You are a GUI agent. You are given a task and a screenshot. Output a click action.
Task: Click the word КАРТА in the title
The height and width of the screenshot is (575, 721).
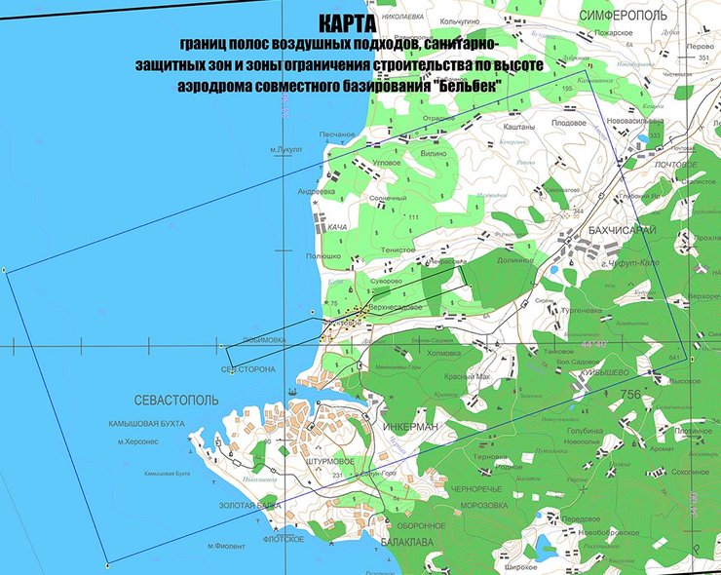coord(344,23)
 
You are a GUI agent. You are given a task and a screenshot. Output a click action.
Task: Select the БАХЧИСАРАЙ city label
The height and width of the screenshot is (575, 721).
coord(624,229)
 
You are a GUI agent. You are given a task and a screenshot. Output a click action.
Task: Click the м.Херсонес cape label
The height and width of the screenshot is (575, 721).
coord(137,441)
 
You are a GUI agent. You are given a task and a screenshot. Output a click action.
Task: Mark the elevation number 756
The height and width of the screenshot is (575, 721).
coord(631,394)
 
